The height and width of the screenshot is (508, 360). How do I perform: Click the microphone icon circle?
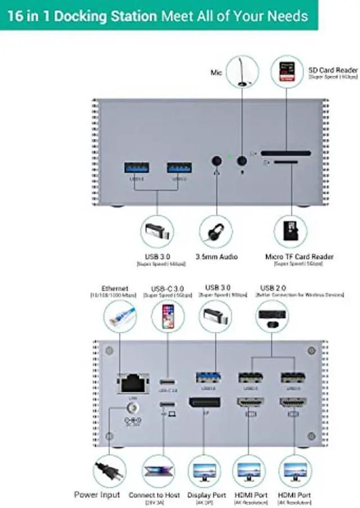(x=242, y=71)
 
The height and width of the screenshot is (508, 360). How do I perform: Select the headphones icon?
(x=217, y=232)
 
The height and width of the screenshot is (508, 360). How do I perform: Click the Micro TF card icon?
(x=291, y=232)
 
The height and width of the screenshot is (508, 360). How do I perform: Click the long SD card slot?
(x=286, y=153)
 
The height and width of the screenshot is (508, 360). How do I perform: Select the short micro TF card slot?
(x=285, y=162)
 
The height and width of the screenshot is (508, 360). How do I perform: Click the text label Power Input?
(x=97, y=495)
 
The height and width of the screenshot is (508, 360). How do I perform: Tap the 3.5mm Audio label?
(x=217, y=257)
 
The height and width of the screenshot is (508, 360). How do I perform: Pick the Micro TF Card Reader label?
(x=299, y=257)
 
